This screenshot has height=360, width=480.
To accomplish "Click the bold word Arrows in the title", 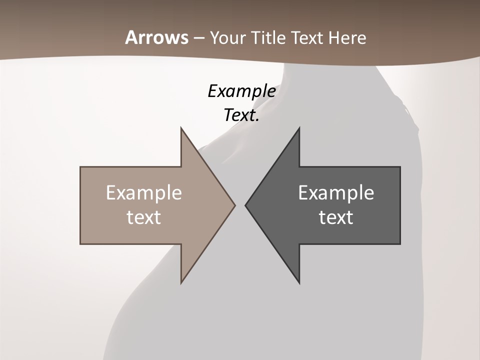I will coord(156,38).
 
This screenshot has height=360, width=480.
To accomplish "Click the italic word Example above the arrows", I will coord(241,91).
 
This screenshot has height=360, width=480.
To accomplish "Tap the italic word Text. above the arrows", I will coord(241,115).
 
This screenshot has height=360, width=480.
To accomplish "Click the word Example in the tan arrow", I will coord(143,193).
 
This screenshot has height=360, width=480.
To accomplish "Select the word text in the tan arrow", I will coord(143,217).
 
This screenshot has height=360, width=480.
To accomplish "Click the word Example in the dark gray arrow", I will coord(336,193).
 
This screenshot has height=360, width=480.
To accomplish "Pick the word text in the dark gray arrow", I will coord(336,217).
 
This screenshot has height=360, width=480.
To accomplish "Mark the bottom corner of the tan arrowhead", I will coord(181,282).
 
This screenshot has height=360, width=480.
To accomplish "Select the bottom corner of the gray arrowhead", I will coord(299,282).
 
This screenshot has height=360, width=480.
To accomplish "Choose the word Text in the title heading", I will coord(306,38).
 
